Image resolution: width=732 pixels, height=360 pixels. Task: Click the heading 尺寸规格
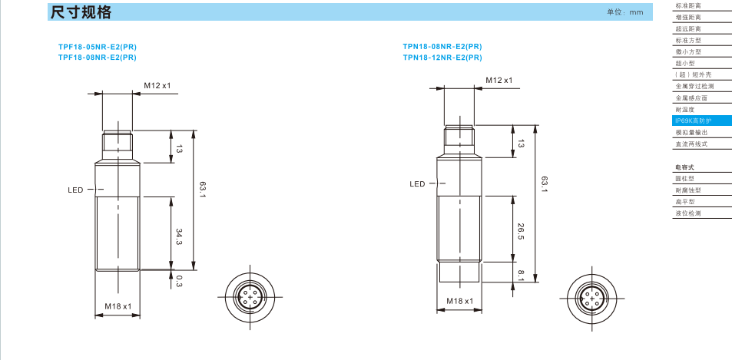point(81,12)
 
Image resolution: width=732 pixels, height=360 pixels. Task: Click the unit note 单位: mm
point(624,12)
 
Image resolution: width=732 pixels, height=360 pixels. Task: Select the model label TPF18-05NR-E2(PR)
point(97,47)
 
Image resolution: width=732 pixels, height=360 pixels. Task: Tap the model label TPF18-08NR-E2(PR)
point(97,58)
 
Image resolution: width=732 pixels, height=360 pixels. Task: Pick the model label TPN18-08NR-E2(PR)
point(442,47)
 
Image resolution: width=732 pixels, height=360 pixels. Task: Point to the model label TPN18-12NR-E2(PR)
point(442,58)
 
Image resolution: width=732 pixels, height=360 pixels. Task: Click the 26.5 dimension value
point(521,230)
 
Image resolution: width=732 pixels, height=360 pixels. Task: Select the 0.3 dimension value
point(178,281)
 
